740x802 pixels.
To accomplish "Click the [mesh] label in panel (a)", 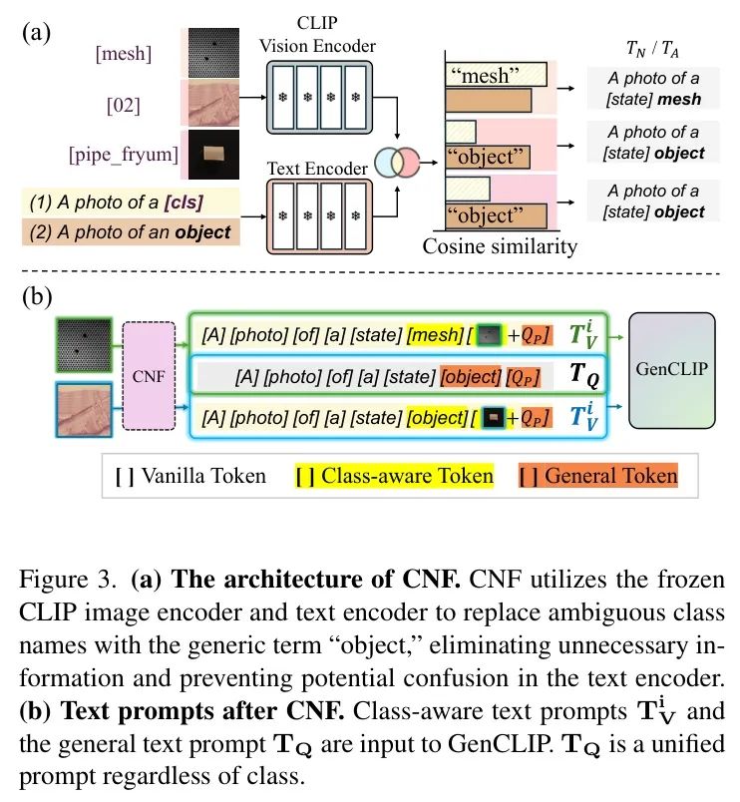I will pos(124,54).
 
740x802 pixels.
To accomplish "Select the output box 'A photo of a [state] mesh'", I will pos(653,87).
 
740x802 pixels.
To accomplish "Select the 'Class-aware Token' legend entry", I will pos(396,475).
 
